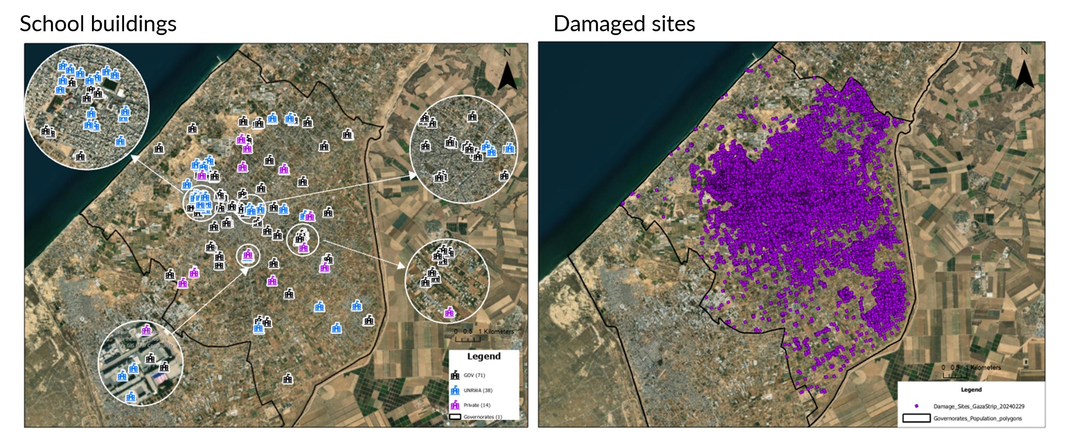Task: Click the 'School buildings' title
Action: [98, 24]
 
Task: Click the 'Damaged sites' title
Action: [624, 24]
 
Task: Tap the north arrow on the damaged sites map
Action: [1024, 74]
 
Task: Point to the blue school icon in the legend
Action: [455, 390]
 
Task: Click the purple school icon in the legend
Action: [455, 405]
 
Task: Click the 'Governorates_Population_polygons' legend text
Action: [978, 419]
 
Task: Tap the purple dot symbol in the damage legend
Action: [916, 406]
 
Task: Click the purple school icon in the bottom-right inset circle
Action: [449, 312]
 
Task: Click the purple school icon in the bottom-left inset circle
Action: [146, 329]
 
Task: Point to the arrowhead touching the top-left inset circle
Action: [134, 158]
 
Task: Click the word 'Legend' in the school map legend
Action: [484, 356]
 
